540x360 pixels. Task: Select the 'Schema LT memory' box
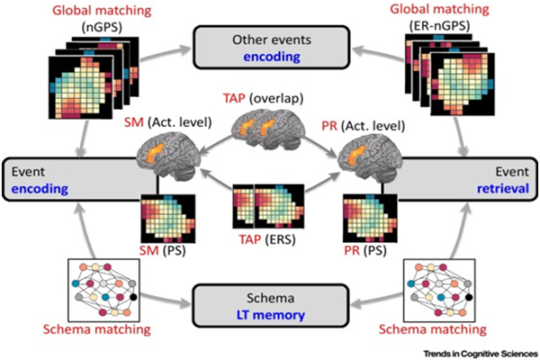(273, 302)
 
